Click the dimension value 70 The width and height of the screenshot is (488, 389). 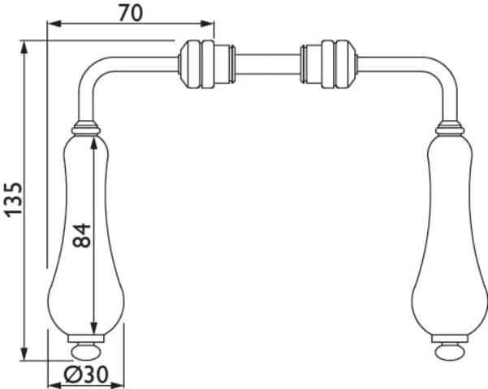point(131,13)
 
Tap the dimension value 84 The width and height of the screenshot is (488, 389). point(81,235)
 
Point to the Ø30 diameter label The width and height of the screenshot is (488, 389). point(86,374)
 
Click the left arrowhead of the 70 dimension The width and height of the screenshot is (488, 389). point(54,24)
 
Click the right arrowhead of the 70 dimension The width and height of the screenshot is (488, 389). point(207,24)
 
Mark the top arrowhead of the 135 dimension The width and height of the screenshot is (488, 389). point(24,48)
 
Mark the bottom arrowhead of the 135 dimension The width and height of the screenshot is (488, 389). point(24,353)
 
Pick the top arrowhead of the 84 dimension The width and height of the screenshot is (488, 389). point(93,143)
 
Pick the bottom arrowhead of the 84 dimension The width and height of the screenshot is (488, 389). point(93,328)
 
